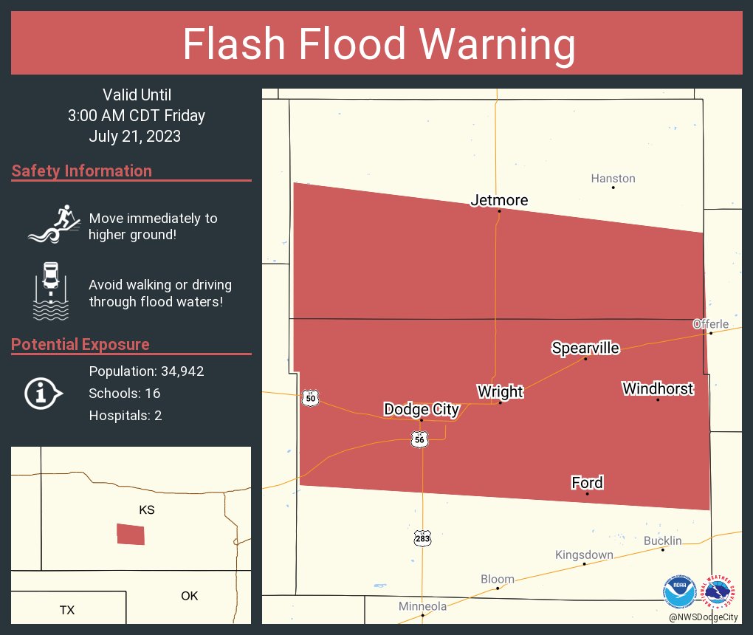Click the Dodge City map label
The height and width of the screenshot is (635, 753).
click(x=422, y=409)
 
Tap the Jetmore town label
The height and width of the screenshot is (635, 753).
click(x=500, y=200)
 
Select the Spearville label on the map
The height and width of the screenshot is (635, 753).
click(x=585, y=349)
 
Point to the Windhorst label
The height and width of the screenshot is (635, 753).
click(x=658, y=388)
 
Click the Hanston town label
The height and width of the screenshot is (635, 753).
click(x=613, y=179)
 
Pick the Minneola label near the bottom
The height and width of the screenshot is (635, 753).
click(x=422, y=606)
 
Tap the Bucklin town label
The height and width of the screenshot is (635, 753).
click(x=662, y=540)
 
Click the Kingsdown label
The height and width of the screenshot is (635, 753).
click(x=584, y=555)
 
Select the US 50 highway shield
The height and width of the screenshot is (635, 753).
click(x=311, y=399)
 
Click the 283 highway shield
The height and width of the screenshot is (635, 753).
click(x=422, y=538)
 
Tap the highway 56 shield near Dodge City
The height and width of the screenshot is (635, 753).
click(x=420, y=439)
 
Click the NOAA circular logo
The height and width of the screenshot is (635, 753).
click(x=679, y=591)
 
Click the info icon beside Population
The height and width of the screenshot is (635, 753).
click(x=42, y=393)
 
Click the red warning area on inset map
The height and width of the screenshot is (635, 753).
click(x=131, y=534)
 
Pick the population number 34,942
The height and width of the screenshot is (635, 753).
click(x=177, y=371)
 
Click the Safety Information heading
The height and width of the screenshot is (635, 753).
click(x=82, y=171)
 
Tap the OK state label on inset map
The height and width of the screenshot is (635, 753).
click(x=190, y=596)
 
